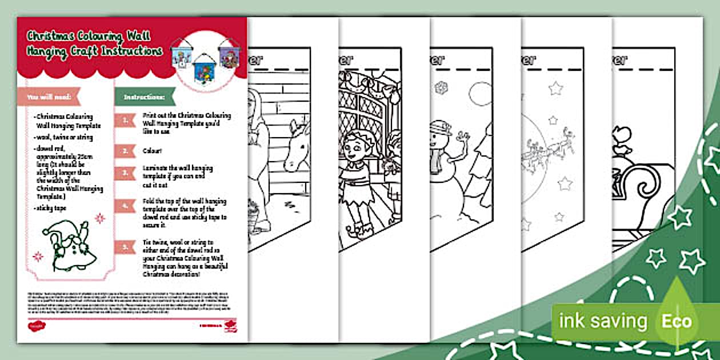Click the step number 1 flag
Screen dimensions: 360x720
[x=125, y=119]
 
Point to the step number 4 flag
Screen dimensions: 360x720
[x=125, y=206]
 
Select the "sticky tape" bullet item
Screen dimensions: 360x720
[x=51, y=209]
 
